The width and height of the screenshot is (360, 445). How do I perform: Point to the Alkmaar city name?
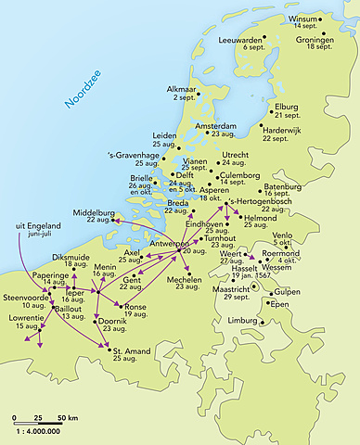[x=182, y=89]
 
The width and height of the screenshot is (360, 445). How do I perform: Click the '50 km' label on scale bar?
[x=65, y=420]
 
